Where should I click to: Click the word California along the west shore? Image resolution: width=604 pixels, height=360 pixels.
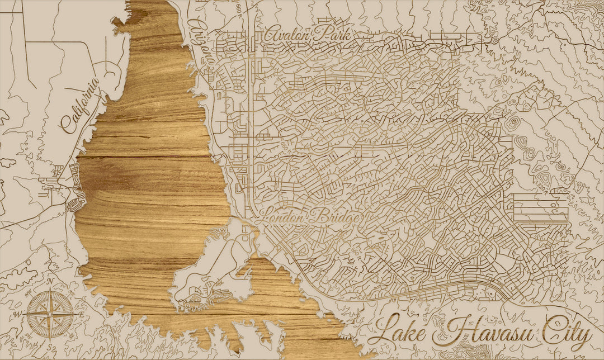coord(82,105)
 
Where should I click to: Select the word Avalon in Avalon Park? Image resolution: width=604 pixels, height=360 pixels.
coord(288,34)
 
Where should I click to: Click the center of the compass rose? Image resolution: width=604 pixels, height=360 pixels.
coord(49,314)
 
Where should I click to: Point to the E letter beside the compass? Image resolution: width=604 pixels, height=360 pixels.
coord(81,314)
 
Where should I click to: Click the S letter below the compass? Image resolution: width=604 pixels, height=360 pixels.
coord(49,345)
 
